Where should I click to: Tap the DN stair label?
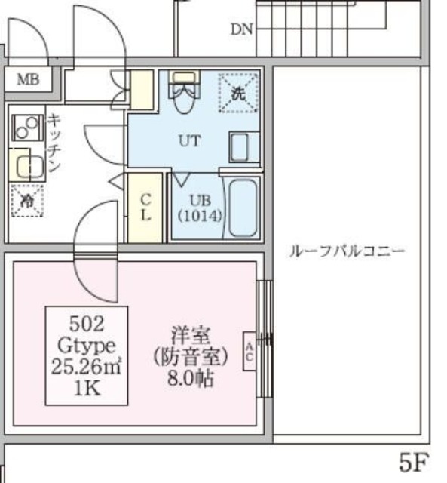click(242, 29)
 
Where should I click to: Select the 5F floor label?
click(415, 460)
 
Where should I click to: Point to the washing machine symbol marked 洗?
click(237, 93)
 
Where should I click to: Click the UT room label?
click(188, 140)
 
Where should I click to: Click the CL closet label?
click(145, 205)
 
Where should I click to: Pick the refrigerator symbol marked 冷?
click(26, 201)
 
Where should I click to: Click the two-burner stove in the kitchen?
click(26, 127)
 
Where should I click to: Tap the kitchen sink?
click(28, 164)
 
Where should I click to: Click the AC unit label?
click(248, 351)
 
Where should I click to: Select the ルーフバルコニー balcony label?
click(347, 251)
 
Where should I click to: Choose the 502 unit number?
click(86, 325)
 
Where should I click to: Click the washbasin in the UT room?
click(243, 146)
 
